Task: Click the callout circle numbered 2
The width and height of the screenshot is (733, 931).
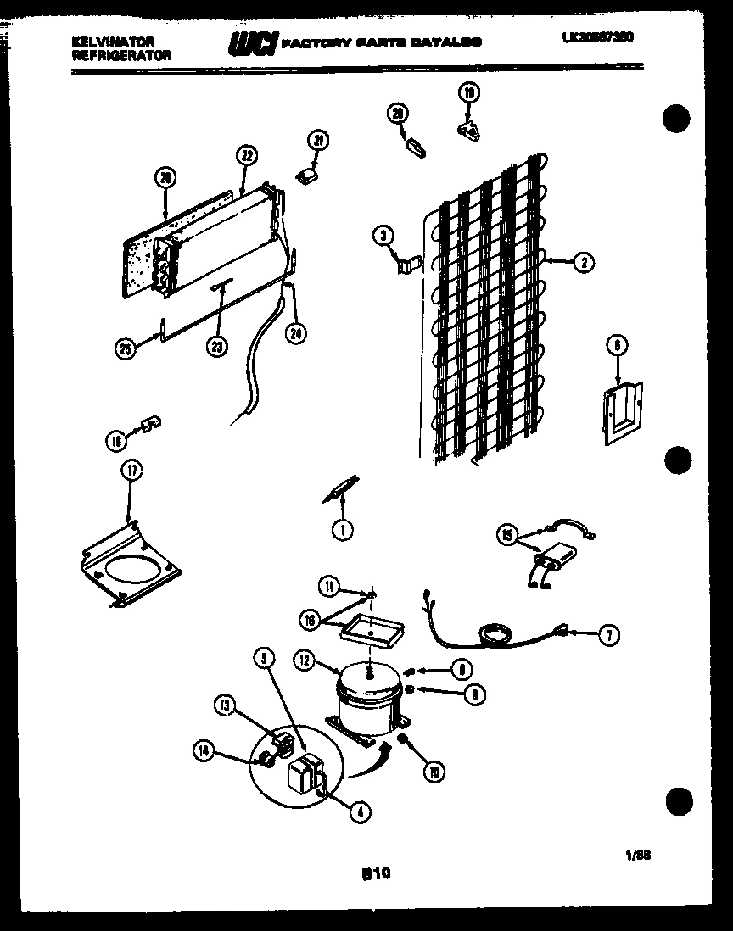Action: [582, 263]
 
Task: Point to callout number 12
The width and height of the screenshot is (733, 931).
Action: [304, 658]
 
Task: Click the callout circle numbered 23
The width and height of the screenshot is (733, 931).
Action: [219, 347]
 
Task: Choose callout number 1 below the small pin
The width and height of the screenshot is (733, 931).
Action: [342, 530]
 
